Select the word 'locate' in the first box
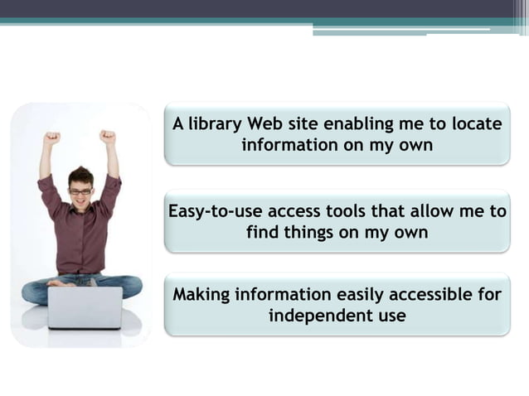475,124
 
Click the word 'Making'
200,295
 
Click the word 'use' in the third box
391,316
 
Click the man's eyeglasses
80,191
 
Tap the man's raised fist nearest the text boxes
107,138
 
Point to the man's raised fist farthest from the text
52,139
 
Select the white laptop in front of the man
85,307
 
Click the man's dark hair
80,175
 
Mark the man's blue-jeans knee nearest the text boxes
128,285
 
